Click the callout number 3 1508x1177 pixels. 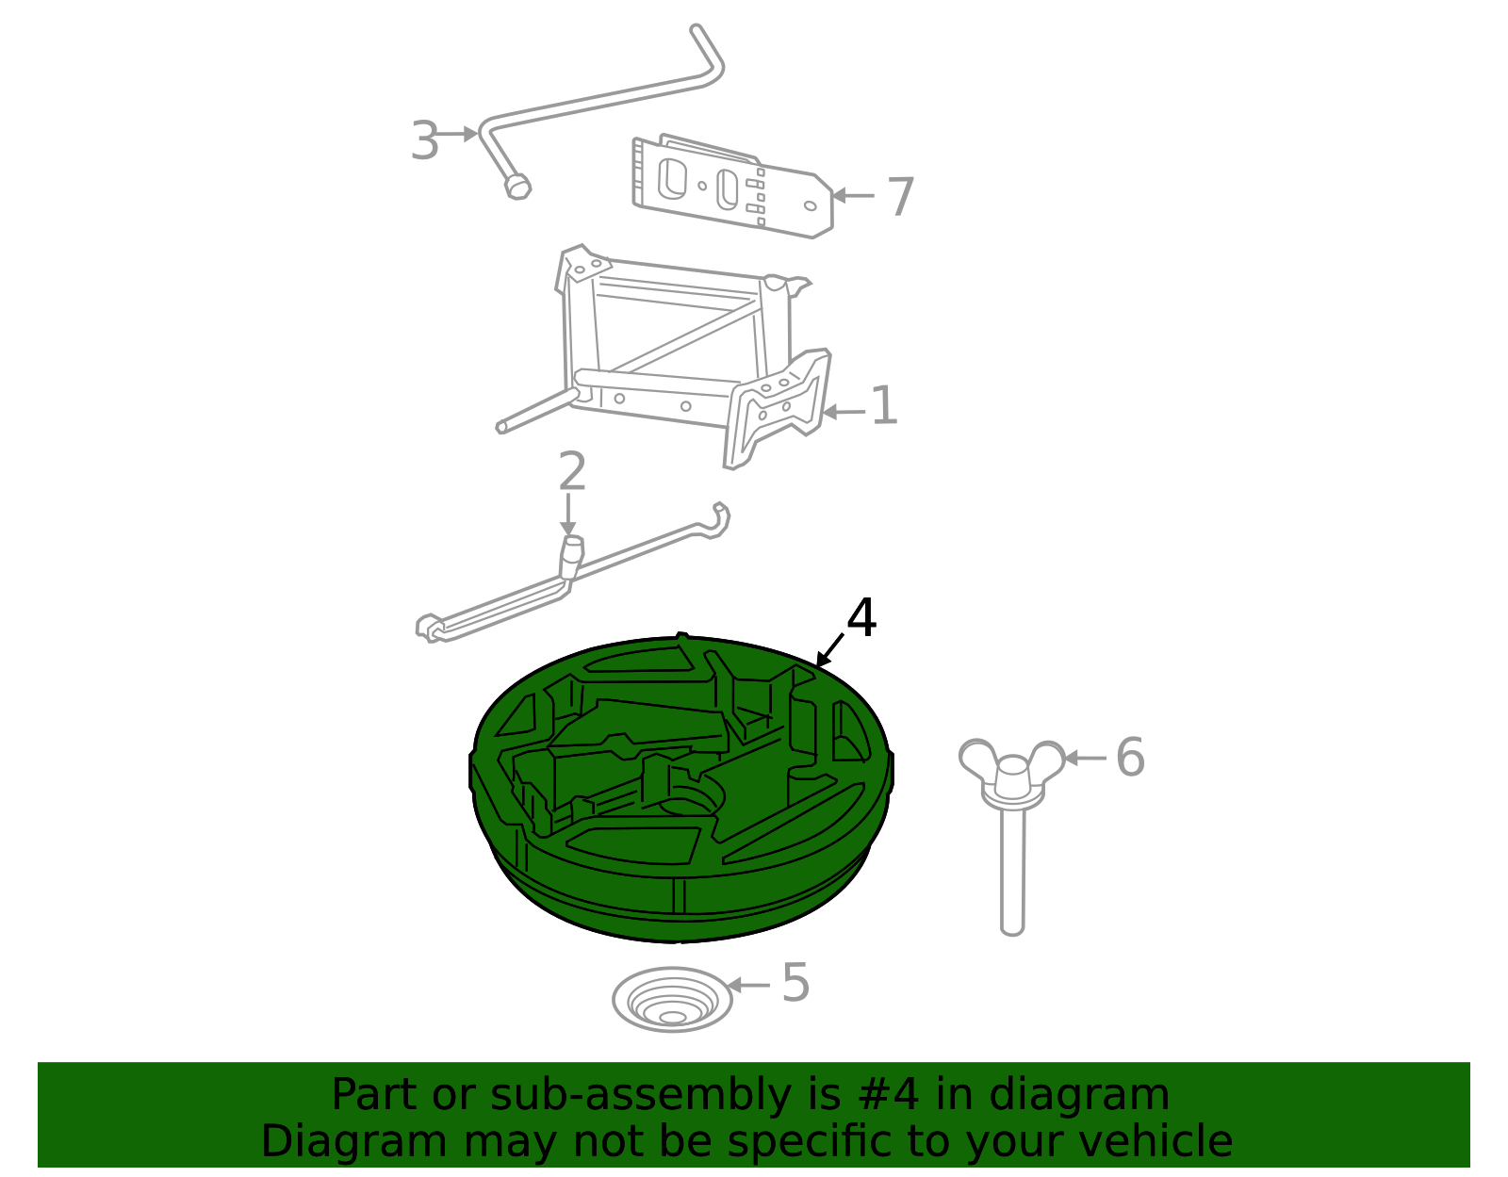(425, 141)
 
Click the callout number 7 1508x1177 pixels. (901, 197)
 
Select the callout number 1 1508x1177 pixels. (883, 406)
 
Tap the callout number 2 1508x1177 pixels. (572, 472)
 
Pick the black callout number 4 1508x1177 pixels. (861, 618)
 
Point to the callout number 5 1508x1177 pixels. (795, 983)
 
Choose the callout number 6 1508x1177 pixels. (1129, 757)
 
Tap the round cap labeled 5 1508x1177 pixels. (672, 1000)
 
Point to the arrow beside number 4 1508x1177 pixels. (830, 650)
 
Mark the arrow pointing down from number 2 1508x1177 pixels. (567, 516)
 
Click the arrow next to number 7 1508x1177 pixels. (853, 196)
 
